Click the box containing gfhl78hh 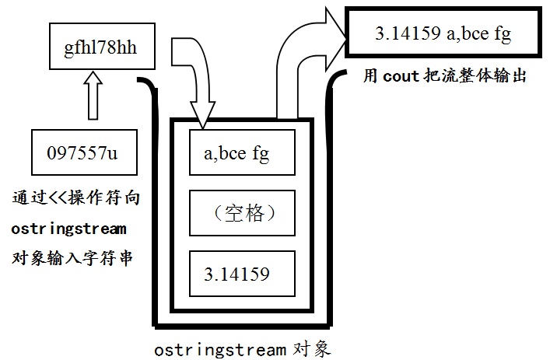pyautogui.click(x=102, y=47)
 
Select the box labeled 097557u pyautogui.click(x=84, y=152)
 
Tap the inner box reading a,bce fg pyautogui.click(x=242, y=152)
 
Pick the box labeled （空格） pyautogui.click(x=242, y=213)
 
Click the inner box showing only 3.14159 pyautogui.click(x=242, y=274)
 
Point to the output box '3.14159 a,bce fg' pyautogui.click(x=443, y=33)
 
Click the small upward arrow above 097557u pyautogui.click(x=93, y=96)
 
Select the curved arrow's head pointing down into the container pyautogui.click(x=203, y=114)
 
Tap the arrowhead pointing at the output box pyautogui.click(x=335, y=39)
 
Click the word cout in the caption pyautogui.click(x=401, y=76)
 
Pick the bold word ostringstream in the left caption pyautogui.click(x=68, y=229)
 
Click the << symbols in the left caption pyautogui.click(x=57, y=198)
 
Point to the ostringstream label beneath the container pyautogui.click(x=220, y=350)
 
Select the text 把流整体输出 pyautogui.click(x=475, y=76)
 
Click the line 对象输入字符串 pyautogui.click(x=72, y=259)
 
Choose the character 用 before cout pyautogui.click(x=371, y=76)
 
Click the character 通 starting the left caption pyautogui.click(x=20, y=197)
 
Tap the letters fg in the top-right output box pyautogui.click(x=503, y=34)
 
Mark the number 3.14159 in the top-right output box pyautogui.click(x=408, y=33)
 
